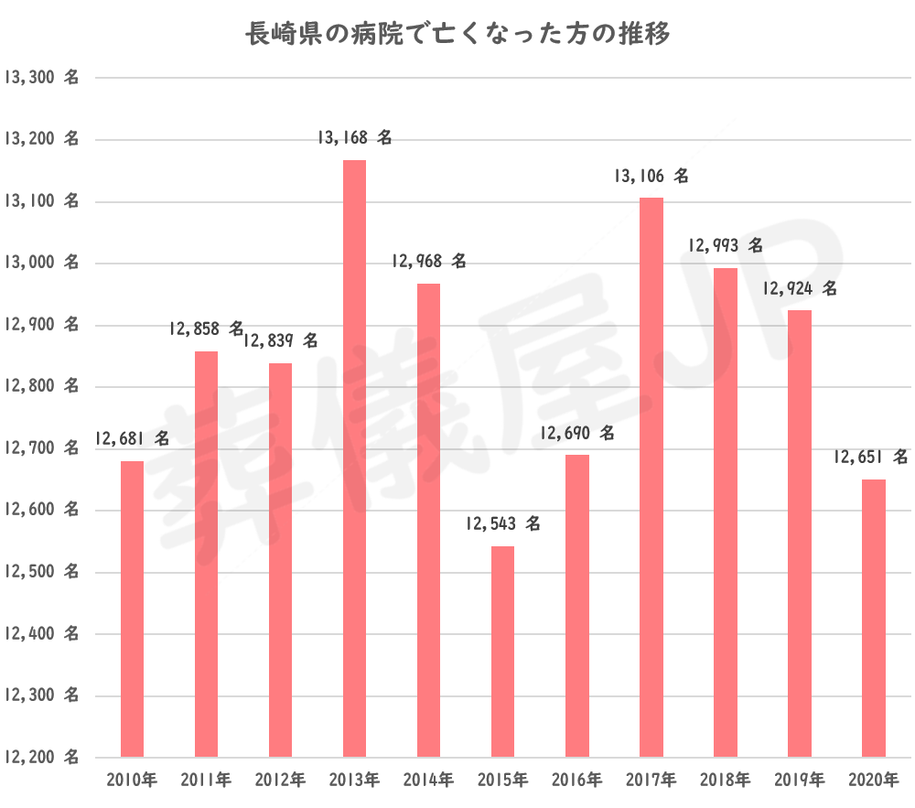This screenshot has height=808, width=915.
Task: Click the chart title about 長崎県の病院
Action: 457,35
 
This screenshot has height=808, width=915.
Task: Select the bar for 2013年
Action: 354,458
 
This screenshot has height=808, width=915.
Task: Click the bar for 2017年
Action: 651,476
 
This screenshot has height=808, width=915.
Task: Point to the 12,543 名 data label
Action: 502,524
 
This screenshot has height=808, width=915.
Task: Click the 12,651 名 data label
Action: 871,456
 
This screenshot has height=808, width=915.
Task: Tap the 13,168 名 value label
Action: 354,138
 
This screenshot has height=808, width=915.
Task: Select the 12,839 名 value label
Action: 281,340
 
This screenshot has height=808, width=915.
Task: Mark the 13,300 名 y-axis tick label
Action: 40,78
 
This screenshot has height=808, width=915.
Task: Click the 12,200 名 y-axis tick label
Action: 40,758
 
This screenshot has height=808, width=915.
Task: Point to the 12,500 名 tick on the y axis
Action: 40,572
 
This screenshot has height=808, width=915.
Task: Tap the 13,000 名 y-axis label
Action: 40,264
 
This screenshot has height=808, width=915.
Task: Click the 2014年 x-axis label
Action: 428,781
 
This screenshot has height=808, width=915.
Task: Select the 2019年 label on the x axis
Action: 799,781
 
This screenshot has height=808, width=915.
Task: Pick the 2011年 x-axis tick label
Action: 206,781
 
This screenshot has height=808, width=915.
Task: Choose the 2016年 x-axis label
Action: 576,781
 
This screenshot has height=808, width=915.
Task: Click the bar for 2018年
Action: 726,512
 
